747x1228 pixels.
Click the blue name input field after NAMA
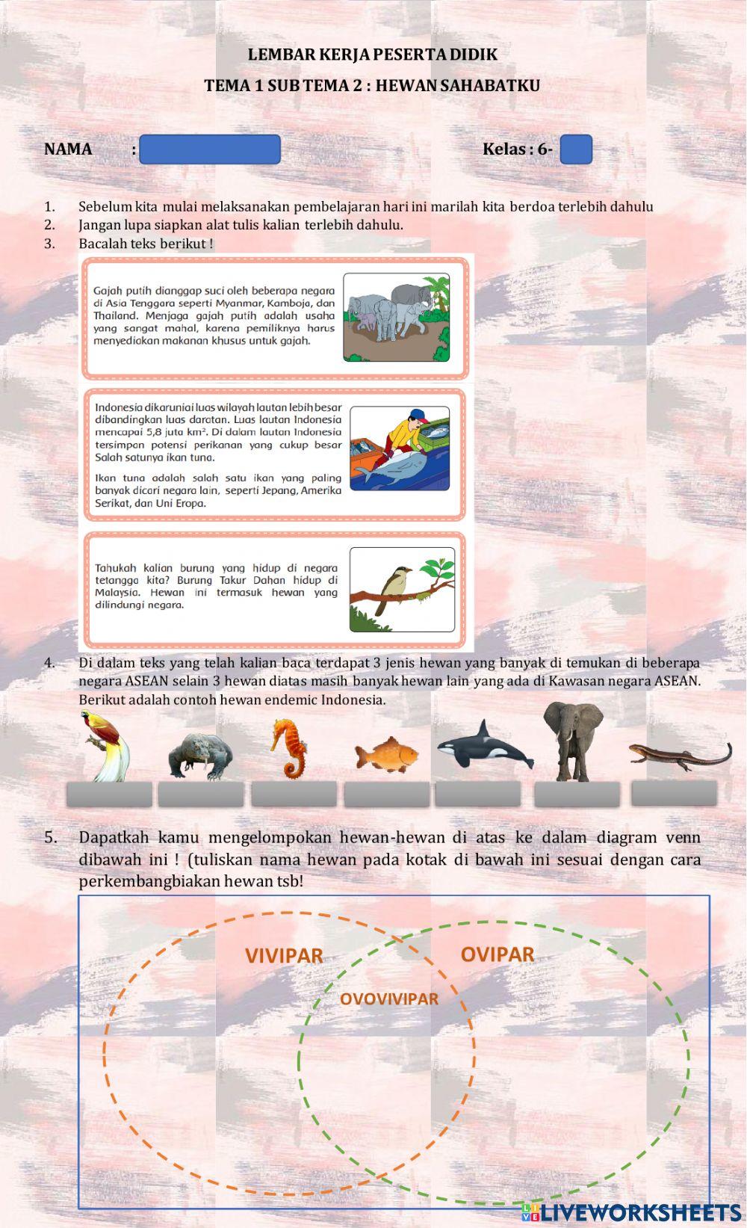coord(209,149)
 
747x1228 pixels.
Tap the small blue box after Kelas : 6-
coord(575,149)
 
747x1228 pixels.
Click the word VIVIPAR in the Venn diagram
coord(284,956)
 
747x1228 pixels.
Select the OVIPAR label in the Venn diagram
coord(498,954)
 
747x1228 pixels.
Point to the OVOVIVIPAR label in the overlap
coord(389,999)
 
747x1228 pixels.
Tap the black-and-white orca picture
coord(485,746)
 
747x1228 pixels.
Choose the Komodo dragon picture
coord(200,756)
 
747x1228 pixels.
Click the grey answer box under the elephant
coord(577,795)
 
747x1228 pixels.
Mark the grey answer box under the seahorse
coord(294,795)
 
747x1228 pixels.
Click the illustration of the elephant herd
coord(397,318)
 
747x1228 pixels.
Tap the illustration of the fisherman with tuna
coord(400,448)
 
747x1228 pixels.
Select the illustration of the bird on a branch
coord(402,590)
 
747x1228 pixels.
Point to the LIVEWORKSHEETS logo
coord(631,1212)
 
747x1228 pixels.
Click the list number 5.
coord(50,837)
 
